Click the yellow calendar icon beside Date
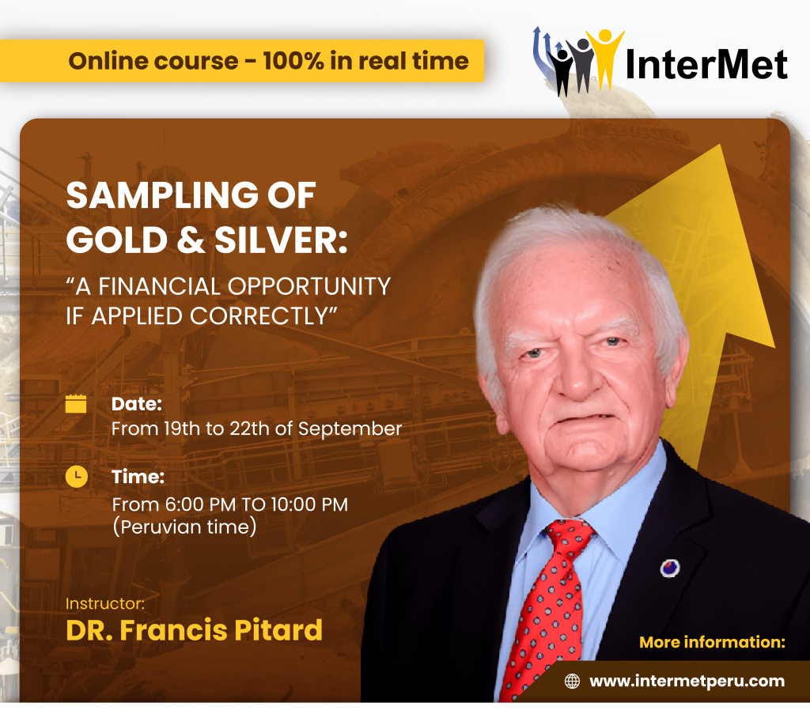coord(76,403)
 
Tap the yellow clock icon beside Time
coord(77,477)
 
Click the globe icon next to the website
coord(572,681)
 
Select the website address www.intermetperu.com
coord(687,681)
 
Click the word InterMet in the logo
coord(706,64)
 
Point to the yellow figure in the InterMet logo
coord(605,57)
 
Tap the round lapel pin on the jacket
coord(670,568)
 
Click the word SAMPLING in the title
coord(162,195)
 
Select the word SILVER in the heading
coord(281,240)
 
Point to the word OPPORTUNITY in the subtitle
coord(309,286)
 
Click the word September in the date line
coord(350,429)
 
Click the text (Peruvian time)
coord(184,527)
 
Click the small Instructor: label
coord(105,603)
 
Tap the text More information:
coord(713,642)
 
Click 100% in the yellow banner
coord(293,61)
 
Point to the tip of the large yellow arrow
coord(720,145)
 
